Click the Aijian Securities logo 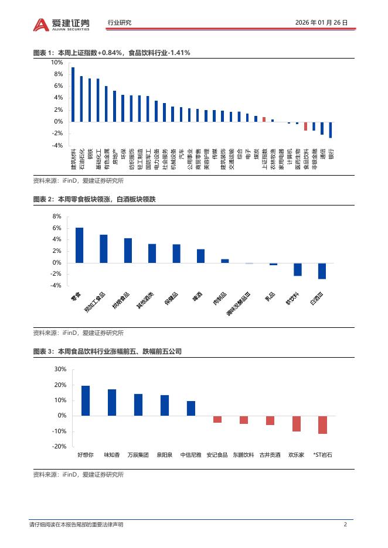point(62,23)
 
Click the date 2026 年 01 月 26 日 point(322,23)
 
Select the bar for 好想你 point(86,400)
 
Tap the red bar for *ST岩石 point(322,424)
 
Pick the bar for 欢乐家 point(297,423)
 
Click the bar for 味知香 point(112,402)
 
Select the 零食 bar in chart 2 point(79,245)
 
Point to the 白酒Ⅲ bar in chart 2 point(322,270)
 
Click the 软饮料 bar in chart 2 point(298,269)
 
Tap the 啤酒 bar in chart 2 point(200,256)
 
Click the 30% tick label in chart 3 point(60,369)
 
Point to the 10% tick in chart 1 point(57,62)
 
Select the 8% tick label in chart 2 point(57,216)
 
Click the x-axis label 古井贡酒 point(270,454)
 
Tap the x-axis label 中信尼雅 point(190,454)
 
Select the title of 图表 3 point(107,351)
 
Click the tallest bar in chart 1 point(73,94)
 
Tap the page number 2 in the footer point(346,525)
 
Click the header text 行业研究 point(120,23)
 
